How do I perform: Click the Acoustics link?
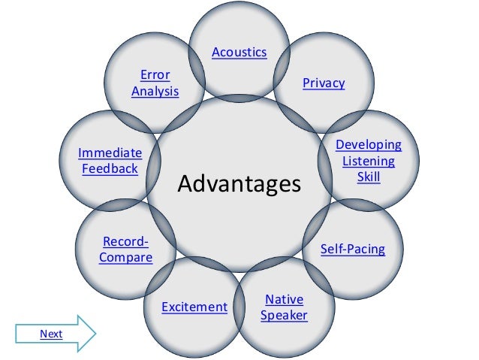[x=239, y=53]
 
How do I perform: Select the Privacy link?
[x=324, y=83]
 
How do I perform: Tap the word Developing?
[x=368, y=145]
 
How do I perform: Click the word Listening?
[x=368, y=162]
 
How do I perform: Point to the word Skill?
[x=368, y=177]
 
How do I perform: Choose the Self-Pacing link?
[x=352, y=249]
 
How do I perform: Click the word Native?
[x=284, y=300]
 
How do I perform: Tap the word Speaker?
[x=284, y=316]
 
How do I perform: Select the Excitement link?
[x=194, y=307]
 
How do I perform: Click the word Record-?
[x=125, y=242]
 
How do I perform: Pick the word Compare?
[x=125, y=258]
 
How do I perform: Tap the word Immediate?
[x=110, y=153]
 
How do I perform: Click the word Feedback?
[x=110, y=169]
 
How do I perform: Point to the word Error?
[x=155, y=75]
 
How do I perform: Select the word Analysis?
[x=155, y=92]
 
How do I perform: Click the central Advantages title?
[x=239, y=183]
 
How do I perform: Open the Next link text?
[x=51, y=334]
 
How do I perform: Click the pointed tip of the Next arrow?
[x=97, y=334]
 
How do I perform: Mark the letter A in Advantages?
[x=185, y=183]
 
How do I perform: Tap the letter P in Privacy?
[x=306, y=83]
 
